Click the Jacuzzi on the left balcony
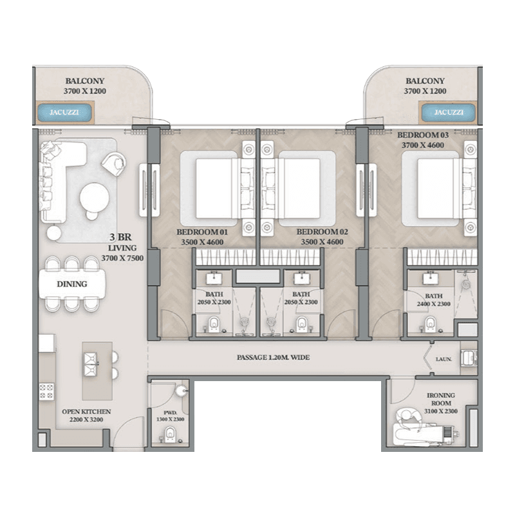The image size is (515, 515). click(64, 113)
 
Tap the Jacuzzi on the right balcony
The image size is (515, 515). click(448, 113)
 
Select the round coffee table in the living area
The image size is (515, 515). click(94, 198)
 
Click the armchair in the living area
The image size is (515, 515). click(115, 164)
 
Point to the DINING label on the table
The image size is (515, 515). click(72, 284)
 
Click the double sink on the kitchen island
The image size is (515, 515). click(91, 364)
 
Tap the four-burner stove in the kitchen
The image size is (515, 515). click(46, 391)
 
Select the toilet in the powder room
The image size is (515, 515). click(170, 435)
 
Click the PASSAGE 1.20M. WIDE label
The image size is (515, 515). click(273, 357)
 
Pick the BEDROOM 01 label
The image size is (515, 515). click(202, 232)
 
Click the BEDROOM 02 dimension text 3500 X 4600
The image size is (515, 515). click(323, 242)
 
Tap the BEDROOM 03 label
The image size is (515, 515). click(423, 135)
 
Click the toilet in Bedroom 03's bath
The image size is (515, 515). click(430, 324)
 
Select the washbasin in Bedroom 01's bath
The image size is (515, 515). click(214, 278)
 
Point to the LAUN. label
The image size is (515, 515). click(444, 359)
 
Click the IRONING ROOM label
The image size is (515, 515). click(441, 399)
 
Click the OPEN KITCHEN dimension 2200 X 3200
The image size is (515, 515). click(86, 420)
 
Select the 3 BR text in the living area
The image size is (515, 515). click(120, 237)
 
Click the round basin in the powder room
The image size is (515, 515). click(181, 391)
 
